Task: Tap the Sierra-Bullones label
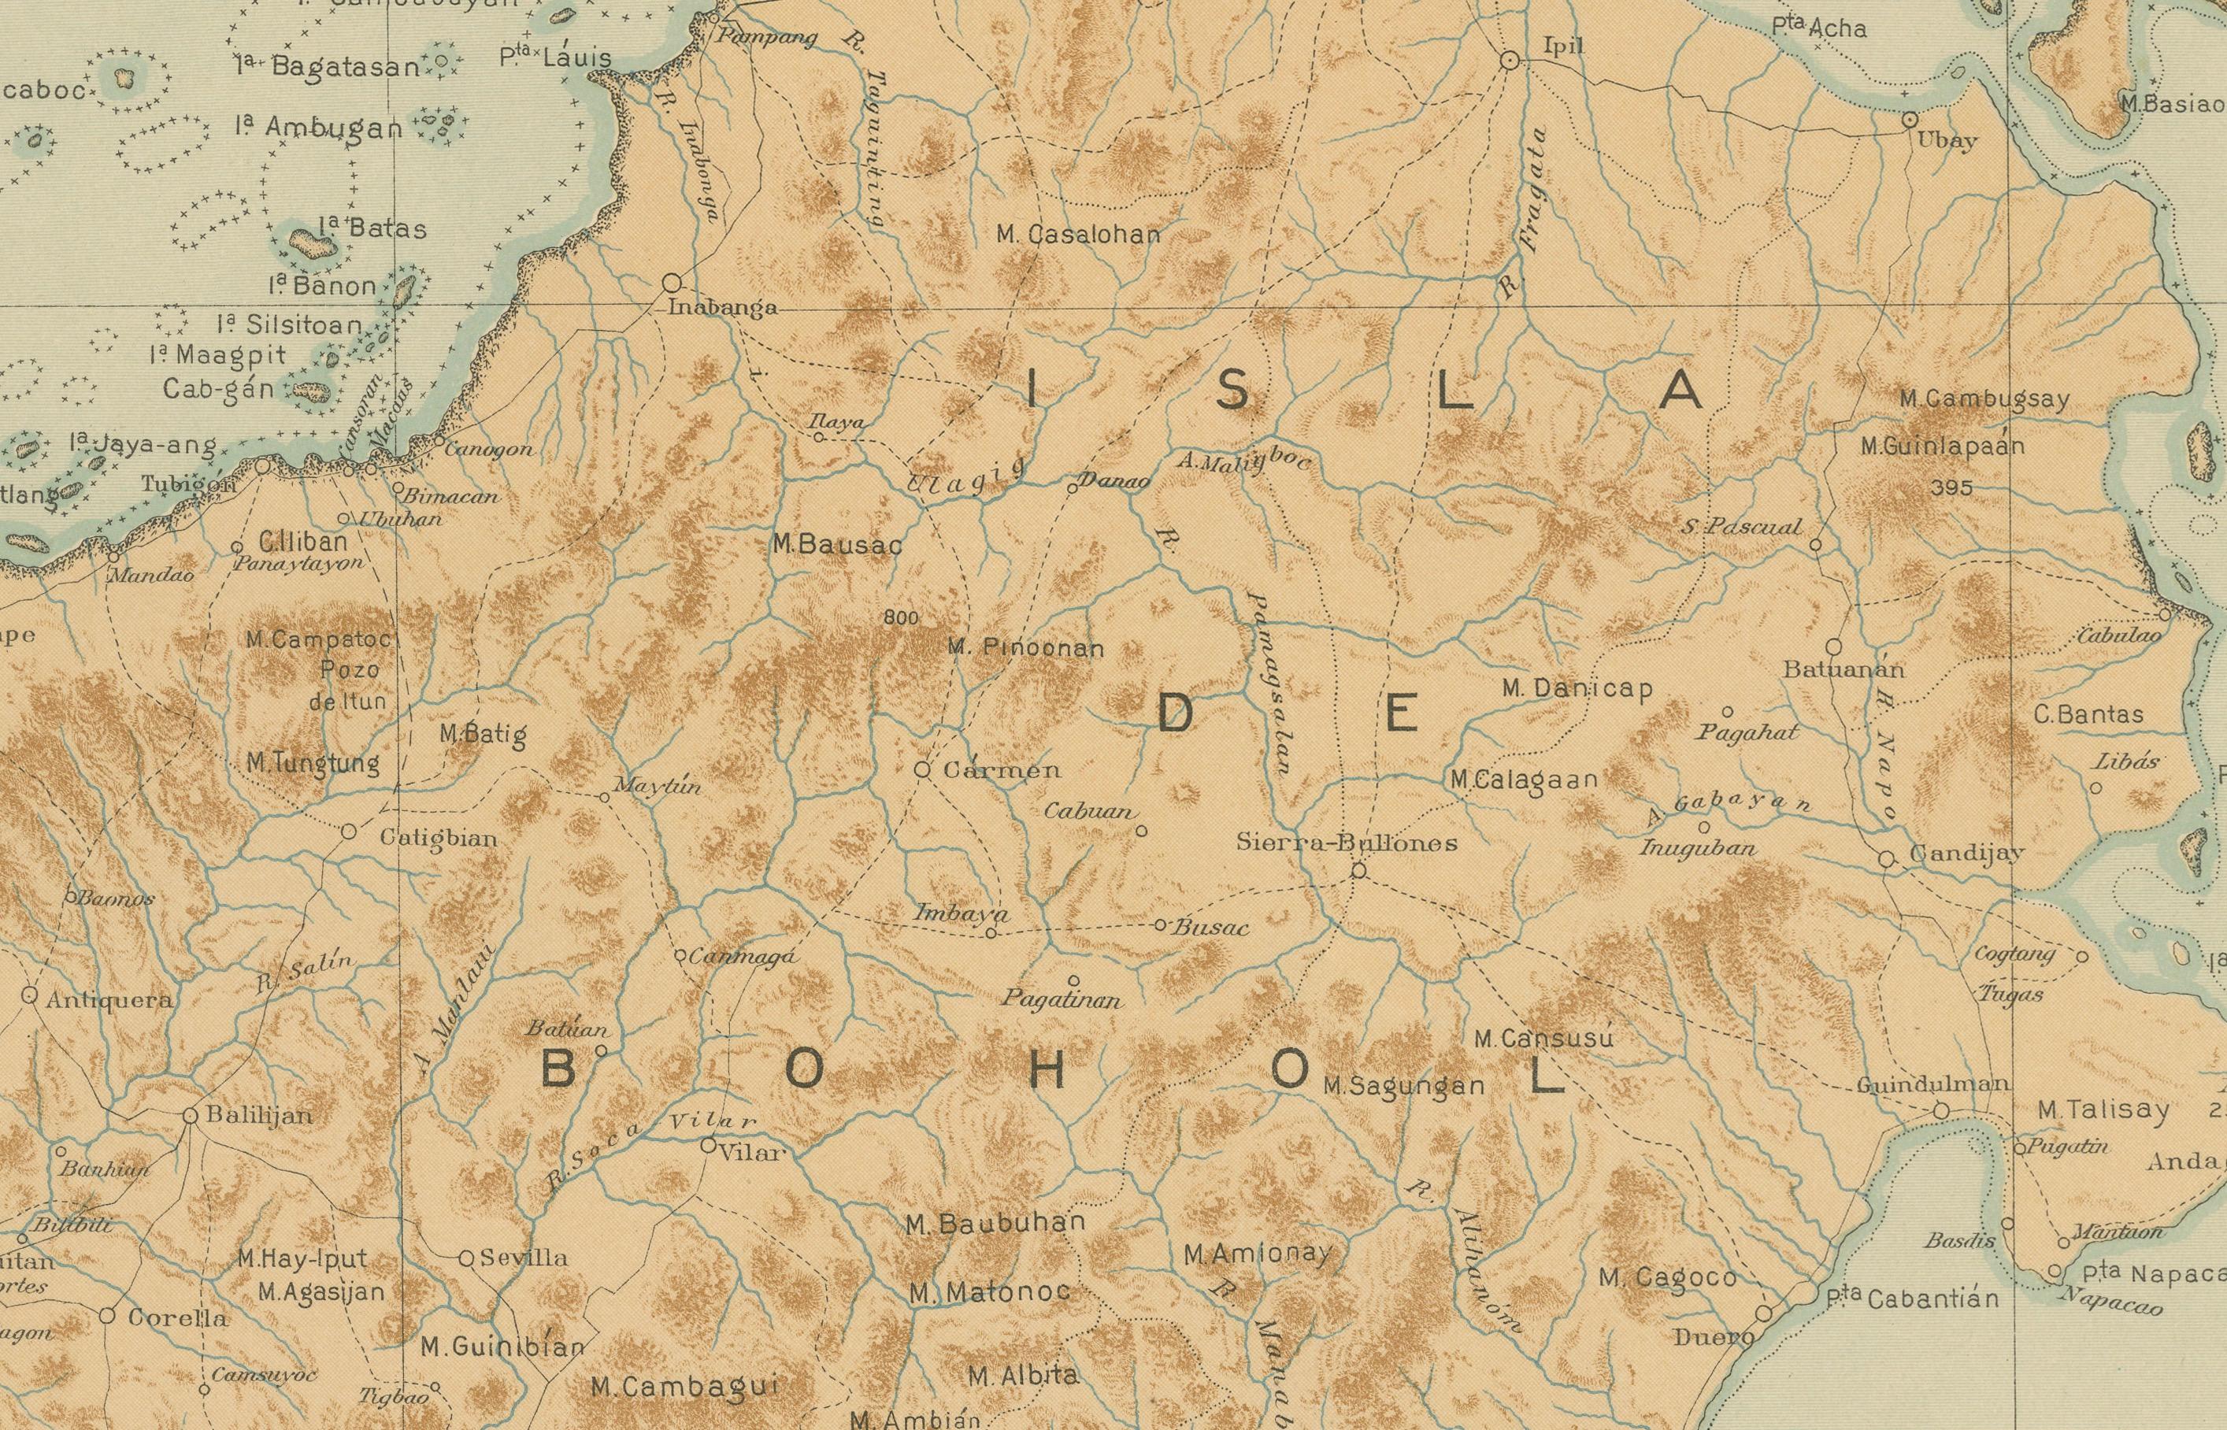1347,843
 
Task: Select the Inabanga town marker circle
672,282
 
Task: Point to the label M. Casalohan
1078,235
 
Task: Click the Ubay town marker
1910,120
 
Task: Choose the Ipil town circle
1510,61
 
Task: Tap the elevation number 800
901,617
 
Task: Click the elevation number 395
1951,487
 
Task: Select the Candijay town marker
1886,859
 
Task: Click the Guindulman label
1933,1084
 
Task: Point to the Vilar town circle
708,1146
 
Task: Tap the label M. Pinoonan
1025,647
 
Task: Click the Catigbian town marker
348,831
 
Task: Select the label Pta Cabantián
1911,1298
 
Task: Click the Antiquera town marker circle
29,996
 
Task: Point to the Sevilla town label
524,1258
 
